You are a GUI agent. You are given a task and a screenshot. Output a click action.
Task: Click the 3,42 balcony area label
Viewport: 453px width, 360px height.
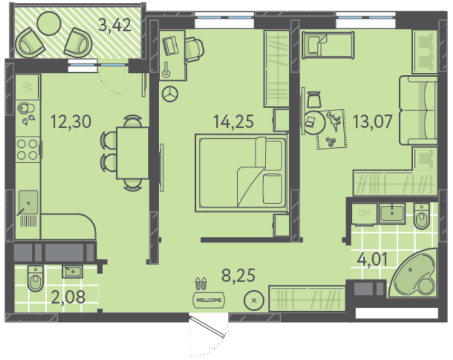[115, 25]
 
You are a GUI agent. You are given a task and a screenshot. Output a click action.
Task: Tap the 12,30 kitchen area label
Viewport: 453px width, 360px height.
[71, 122]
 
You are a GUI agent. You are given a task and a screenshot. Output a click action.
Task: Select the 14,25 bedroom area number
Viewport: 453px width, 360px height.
[234, 122]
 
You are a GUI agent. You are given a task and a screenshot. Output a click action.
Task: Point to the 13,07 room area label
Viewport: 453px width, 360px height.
[373, 122]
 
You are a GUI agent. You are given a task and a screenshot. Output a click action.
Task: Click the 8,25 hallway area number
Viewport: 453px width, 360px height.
[238, 275]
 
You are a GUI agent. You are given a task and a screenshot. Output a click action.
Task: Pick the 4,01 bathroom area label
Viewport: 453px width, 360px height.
[372, 259]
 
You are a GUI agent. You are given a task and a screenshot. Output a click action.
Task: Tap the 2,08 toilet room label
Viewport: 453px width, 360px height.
[68, 297]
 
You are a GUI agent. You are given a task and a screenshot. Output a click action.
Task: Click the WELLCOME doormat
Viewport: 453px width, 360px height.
[209, 300]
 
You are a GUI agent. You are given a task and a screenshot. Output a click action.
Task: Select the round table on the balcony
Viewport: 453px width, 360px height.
[49, 23]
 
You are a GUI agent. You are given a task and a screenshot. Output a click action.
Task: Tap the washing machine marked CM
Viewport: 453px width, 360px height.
[364, 214]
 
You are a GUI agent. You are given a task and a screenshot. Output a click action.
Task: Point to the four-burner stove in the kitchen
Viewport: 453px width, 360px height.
[28, 150]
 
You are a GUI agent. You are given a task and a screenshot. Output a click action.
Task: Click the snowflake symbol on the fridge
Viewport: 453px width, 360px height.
[28, 86]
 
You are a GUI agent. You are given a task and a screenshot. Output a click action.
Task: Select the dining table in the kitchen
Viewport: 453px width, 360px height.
[132, 153]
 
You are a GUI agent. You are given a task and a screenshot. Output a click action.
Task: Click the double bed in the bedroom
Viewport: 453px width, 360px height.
[242, 173]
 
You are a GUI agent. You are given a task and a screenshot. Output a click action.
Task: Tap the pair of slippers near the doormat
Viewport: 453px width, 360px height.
[201, 283]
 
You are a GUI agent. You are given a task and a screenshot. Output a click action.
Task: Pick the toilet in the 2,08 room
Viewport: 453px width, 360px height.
[36, 279]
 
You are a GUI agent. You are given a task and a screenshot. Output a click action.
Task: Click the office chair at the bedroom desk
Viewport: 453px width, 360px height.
[194, 49]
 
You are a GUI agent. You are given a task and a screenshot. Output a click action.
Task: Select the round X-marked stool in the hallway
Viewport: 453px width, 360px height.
[254, 301]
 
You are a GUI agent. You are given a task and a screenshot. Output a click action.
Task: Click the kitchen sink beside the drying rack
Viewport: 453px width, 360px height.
[28, 202]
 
